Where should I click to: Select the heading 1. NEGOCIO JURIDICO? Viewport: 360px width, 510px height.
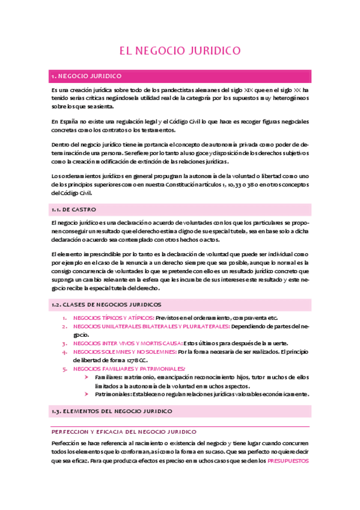pos(88,76)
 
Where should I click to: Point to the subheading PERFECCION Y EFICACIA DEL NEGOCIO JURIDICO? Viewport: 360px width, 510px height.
pos(124,432)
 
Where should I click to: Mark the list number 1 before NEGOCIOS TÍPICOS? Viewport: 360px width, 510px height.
pos(64,318)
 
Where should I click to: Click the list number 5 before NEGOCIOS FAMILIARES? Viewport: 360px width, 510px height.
pos(64,369)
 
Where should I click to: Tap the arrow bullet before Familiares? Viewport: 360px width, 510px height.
pos(88,377)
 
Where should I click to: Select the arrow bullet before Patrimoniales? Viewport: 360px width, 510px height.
pos(88,395)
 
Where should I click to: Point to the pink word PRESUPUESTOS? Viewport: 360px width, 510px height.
pos(287,461)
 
